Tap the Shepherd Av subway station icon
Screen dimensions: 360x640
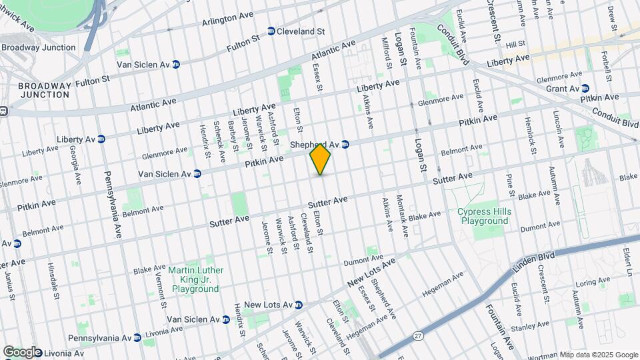(x=345, y=144)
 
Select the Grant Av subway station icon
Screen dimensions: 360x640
(x=585, y=89)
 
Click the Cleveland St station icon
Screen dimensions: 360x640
(x=271, y=31)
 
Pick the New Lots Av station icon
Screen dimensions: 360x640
(x=299, y=305)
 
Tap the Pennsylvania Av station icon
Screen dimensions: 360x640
(x=137, y=337)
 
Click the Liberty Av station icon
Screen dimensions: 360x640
(x=101, y=139)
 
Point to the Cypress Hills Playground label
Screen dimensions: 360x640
(x=483, y=216)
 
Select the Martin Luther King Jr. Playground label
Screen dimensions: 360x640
(x=195, y=279)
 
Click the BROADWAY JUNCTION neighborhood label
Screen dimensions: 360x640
(x=44, y=90)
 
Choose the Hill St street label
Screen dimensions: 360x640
(x=516, y=45)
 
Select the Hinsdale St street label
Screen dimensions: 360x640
(x=53, y=280)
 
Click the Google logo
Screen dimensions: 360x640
(x=22, y=352)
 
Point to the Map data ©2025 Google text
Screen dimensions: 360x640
(x=598, y=355)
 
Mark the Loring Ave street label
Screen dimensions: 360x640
(x=591, y=283)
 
